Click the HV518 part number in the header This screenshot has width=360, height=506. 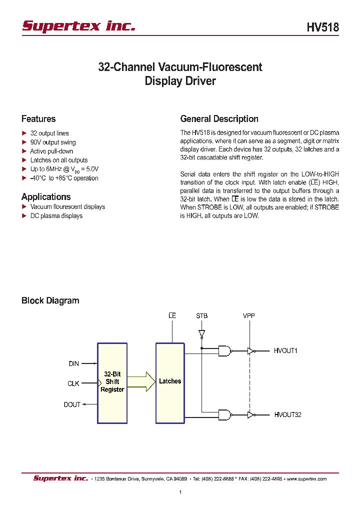(x=322, y=27)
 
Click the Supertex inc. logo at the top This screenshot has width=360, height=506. (x=78, y=26)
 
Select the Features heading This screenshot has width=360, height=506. (x=38, y=119)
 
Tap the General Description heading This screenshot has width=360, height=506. (x=219, y=119)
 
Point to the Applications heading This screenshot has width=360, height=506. (x=46, y=197)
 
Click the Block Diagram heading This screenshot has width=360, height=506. (x=50, y=300)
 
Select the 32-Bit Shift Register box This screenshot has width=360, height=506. (x=112, y=381)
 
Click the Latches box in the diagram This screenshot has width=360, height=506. (x=170, y=381)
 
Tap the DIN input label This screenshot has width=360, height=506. (x=74, y=364)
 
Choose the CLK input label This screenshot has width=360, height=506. (x=73, y=384)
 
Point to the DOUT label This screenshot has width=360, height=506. (x=72, y=404)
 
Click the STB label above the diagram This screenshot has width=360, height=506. (x=201, y=316)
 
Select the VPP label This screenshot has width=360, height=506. (x=249, y=316)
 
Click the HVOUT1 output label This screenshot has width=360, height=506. (x=285, y=351)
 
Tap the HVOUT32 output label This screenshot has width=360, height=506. (x=287, y=414)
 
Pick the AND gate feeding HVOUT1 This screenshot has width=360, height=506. (x=224, y=351)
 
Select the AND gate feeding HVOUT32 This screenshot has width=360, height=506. (x=224, y=414)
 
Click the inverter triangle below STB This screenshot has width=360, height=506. (x=201, y=333)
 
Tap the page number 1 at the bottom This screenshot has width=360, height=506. (x=180, y=492)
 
